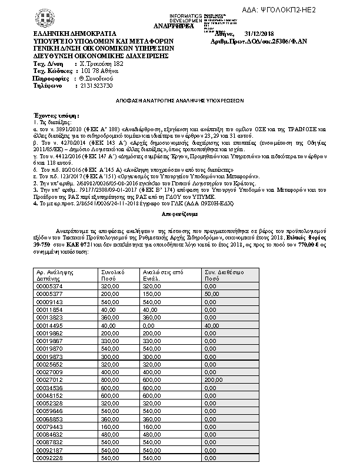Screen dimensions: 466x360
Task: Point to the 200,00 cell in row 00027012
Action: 214,380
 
